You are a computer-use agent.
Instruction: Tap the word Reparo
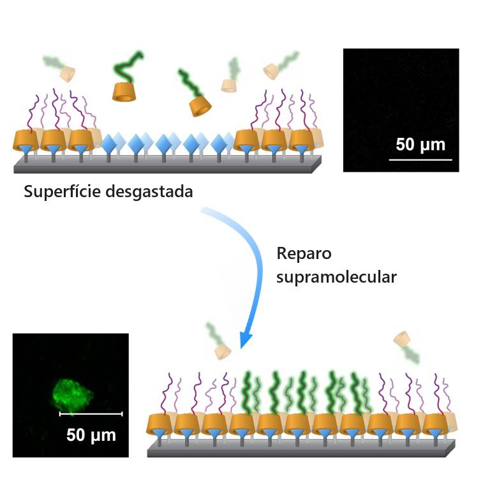coord(304,253)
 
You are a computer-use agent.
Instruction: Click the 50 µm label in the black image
coord(420,144)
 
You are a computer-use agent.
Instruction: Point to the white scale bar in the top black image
coord(420,158)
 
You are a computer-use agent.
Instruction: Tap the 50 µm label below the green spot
coord(91,436)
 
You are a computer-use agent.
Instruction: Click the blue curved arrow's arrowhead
coord(245,338)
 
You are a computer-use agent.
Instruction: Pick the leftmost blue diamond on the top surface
coord(110,143)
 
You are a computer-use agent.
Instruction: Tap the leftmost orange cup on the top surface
coord(25,140)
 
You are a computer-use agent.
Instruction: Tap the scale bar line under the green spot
coord(91,413)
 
